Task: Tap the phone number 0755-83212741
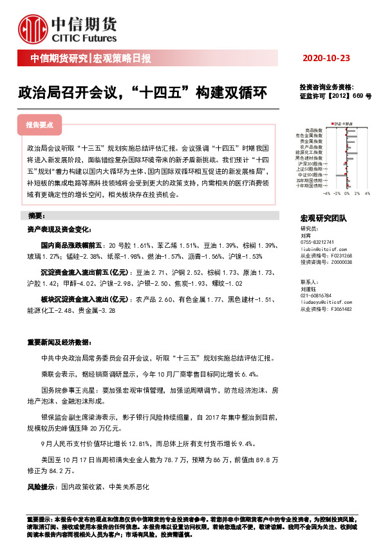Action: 320,241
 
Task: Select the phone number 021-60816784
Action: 320,294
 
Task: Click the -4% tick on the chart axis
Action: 326,192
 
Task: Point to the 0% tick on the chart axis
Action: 346,192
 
